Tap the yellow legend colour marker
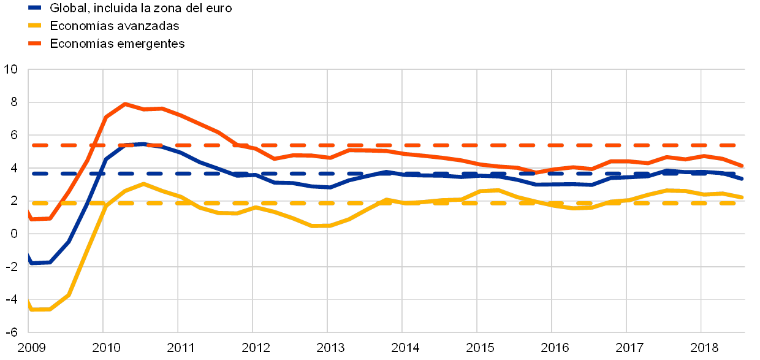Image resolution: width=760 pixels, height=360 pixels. pyautogui.click(x=34, y=26)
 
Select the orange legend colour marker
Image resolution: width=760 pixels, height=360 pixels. pyautogui.click(x=34, y=44)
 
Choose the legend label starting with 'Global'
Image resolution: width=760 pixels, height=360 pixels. pyautogui.click(x=140, y=9)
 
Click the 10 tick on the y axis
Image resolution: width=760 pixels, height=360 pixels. pyautogui.click(x=13, y=69)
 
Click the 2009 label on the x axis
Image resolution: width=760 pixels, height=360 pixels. pyautogui.click(x=29, y=348)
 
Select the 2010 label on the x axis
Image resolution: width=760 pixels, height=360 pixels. pyautogui.click(x=103, y=348)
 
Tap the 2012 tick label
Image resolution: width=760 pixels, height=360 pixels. pyautogui.click(x=253, y=348)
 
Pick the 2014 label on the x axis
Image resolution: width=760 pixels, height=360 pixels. pyautogui.click(x=402, y=348)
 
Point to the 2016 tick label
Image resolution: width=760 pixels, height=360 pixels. pyautogui.click(x=552, y=348)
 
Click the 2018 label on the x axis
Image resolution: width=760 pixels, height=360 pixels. pyautogui.click(x=701, y=348)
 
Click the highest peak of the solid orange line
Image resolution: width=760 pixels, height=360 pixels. pyautogui.click(x=125, y=104)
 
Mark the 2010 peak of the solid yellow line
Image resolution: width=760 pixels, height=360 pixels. pyautogui.click(x=143, y=183)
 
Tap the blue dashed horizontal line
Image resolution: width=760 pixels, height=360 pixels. pyautogui.click(x=245, y=174)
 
